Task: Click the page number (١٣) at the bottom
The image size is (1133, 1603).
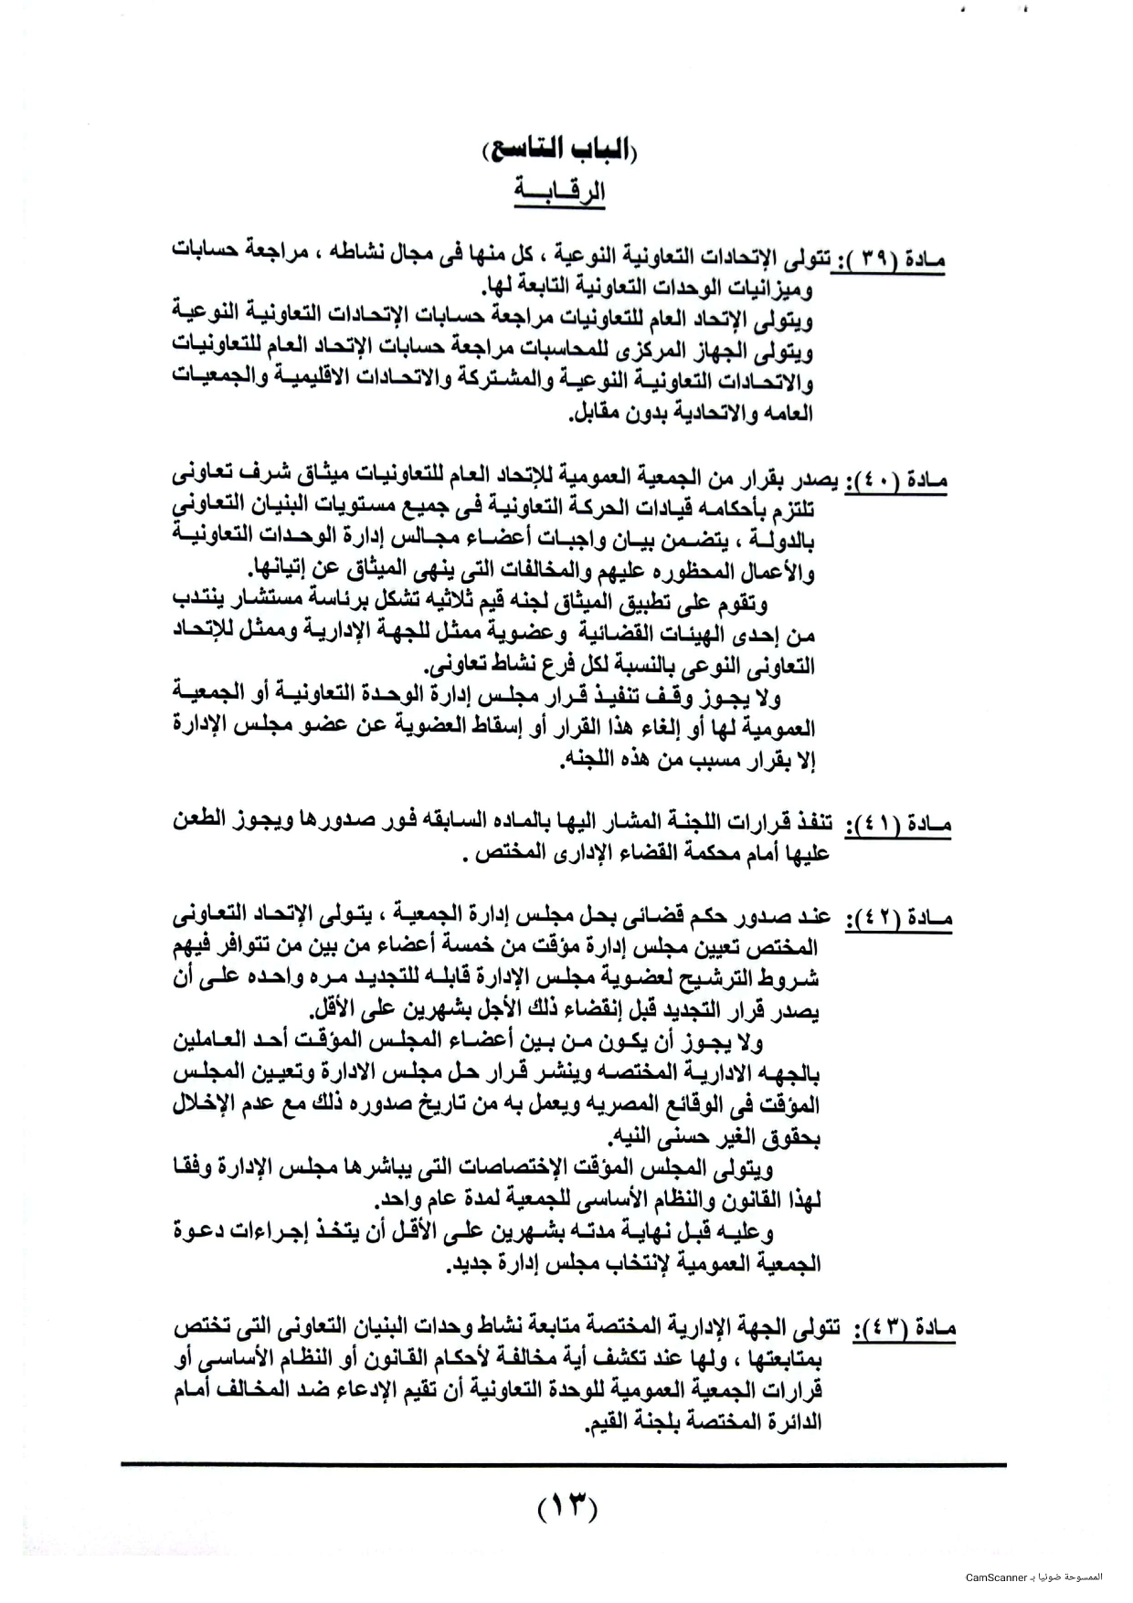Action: click(x=566, y=1504)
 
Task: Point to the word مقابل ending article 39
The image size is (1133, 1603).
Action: click(x=595, y=413)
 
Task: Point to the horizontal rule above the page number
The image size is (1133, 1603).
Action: click(x=563, y=1465)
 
